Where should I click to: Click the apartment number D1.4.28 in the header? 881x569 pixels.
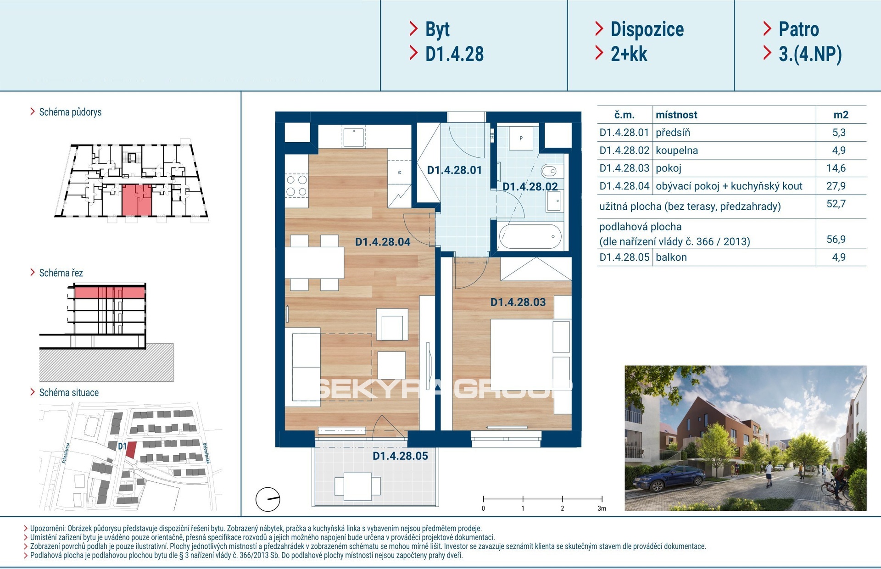point(454,54)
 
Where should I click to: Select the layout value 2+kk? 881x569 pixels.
point(629,54)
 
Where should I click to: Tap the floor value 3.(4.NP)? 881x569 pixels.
point(810,54)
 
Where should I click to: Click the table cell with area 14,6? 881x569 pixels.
point(836,168)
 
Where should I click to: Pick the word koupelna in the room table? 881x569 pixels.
point(677,151)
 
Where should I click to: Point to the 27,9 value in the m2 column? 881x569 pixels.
point(836,186)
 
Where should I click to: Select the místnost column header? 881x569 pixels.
point(676,115)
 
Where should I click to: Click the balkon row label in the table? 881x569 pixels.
point(671,257)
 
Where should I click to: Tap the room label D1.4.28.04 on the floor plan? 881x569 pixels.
point(383,242)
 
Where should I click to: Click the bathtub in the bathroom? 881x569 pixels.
point(530,236)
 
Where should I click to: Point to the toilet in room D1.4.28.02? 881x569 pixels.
point(549,172)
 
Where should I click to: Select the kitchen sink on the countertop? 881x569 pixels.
point(353,137)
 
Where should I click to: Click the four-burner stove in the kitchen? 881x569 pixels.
point(296,185)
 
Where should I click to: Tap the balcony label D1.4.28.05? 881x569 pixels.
point(400,456)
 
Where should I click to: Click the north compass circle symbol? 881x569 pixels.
point(268,500)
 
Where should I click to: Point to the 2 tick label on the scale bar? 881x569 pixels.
point(562,508)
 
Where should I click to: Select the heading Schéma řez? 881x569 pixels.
point(61,273)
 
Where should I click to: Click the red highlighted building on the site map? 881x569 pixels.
point(131,449)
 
